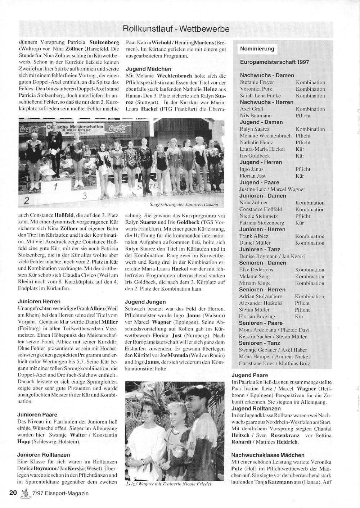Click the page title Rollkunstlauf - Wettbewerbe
tap(176, 29)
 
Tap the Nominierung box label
tap(257, 49)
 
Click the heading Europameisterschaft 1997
tap(274, 62)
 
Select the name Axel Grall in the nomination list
tap(252, 109)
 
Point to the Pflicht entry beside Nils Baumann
tap(303, 116)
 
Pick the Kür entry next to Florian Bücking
tap(299, 317)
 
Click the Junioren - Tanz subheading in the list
tap(260, 249)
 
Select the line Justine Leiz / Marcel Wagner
tap(272, 189)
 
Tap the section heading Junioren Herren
tap(39, 301)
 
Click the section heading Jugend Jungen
tap(145, 302)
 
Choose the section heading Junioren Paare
tap(37, 414)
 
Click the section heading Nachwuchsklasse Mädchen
tap(268, 455)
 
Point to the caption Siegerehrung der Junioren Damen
tap(184, 205)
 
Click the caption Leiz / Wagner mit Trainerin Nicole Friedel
tap(168, 484)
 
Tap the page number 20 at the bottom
tap(13, 493)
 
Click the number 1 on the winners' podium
tap(55, 187)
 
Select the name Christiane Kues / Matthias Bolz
tap(274, 363)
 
